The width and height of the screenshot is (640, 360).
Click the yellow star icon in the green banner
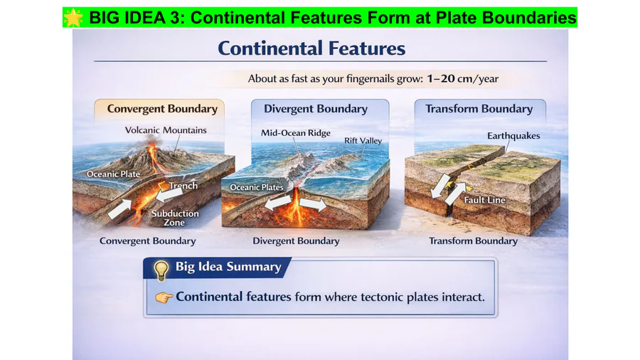[73, 18]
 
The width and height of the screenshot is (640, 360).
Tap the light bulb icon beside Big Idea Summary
[161, 270]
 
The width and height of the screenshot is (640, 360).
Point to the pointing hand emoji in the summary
[164, 297]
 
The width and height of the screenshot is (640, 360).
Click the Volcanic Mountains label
[166, 130]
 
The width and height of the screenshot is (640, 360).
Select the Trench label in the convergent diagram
[183, 186]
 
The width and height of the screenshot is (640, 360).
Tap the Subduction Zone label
[175, 218]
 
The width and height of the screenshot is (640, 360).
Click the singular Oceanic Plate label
[114, 174]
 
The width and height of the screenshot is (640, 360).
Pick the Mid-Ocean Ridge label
[296, 133]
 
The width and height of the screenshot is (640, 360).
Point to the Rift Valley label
[363, 141]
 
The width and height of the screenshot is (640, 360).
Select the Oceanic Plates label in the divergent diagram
[257, 187]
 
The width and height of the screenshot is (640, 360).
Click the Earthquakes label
[513, 136]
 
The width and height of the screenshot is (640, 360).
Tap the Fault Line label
[484, 200]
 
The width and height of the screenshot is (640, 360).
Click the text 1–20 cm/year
[463, 78]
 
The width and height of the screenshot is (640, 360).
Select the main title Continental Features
[311, 48]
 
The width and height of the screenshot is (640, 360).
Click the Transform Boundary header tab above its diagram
[479, 109]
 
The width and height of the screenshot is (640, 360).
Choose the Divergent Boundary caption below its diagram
[296, 240]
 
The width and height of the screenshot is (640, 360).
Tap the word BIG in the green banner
[104, 18]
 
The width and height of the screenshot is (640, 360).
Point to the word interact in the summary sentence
[463, 297]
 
